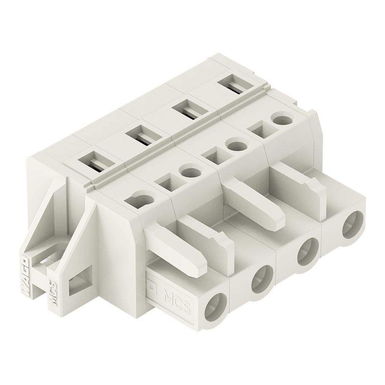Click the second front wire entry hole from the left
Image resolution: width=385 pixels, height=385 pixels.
(262, 278)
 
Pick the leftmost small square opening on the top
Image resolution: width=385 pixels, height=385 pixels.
(165, 184)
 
